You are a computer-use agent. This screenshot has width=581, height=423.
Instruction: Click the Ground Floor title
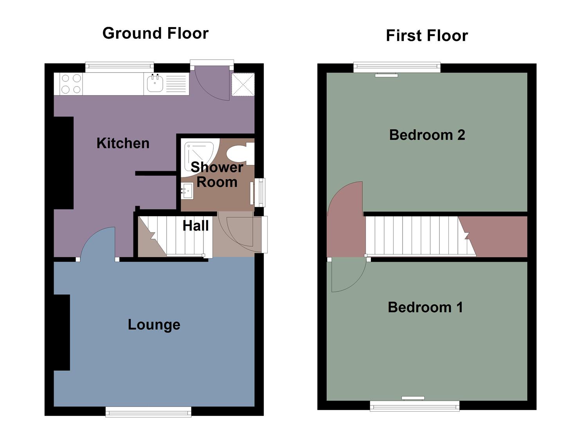tap(155, 33)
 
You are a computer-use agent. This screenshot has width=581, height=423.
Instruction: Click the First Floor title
tap(426, 36)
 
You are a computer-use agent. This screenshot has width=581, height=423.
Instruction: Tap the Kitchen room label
tap(123, 143)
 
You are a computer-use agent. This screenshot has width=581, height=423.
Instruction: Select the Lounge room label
tap(154, 325)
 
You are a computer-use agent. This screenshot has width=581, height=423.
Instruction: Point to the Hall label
tap(196, 226)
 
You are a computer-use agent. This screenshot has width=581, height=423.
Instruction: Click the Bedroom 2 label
tap(427, 135)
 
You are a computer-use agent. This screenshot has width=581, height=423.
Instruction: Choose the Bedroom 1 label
tap(425, 307)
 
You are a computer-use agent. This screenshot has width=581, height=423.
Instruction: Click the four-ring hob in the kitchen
tap(71, 84)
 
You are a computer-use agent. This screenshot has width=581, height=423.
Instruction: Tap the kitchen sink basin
tap(155, 83)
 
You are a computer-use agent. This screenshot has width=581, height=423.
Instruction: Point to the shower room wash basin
tap(187, 191)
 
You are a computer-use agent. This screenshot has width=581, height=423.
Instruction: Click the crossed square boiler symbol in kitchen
tap(243, 84)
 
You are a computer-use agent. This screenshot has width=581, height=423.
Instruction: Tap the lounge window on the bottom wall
tap(148, 411)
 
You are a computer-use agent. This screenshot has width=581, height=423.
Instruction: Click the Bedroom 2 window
tap(397, 67)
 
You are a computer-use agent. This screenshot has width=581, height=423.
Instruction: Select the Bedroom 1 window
tap(415, 406)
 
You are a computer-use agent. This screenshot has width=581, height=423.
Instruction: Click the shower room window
tap(259, 192)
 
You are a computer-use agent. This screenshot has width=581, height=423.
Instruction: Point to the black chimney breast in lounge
tap(62, 332)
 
